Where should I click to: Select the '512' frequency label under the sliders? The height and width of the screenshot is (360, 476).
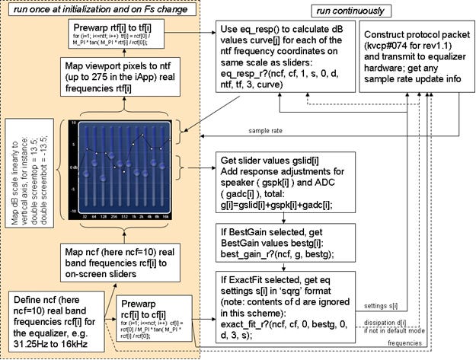(x=123, y=218)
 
